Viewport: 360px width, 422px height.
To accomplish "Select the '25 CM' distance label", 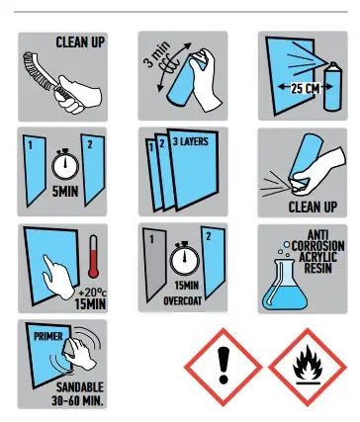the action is pos(305,88).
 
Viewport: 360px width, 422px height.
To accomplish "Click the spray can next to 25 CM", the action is pos(333,86).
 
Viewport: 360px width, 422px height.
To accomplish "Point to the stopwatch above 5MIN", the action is pos(65,164).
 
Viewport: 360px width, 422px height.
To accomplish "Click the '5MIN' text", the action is pos(65,191).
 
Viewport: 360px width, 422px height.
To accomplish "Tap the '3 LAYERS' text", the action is pos(191,141).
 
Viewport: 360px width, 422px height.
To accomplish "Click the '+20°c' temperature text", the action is pos(93,293).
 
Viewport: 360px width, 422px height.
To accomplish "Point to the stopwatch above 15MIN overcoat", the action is pos(185,259).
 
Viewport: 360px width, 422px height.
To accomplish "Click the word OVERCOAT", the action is pos(183,300).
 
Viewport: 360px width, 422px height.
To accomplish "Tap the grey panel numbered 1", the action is pos(155,265).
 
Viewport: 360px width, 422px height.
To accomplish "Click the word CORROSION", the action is pos(317,246).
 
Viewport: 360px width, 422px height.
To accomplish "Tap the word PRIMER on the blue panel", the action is pos(48,336).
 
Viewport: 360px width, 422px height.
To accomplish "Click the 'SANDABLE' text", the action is pos(79,386).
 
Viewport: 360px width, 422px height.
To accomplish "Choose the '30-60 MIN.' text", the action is pos(77,400).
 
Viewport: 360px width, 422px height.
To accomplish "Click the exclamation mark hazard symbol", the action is pos(224,367).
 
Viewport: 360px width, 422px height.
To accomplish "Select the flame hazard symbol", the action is pos(308,367).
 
